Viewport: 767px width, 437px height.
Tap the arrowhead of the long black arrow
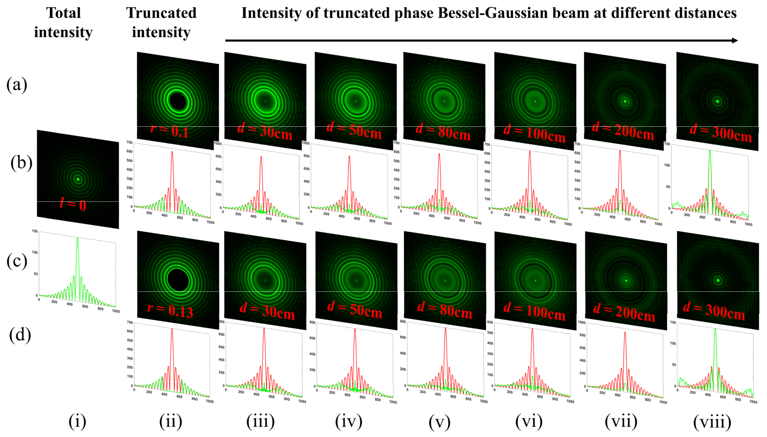click(735, 41)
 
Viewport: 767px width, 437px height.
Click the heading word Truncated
click(161, 13)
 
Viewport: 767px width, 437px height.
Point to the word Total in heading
click(63, 13)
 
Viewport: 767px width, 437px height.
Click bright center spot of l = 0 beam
click(78, 179)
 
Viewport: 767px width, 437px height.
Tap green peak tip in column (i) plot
click(77, 238)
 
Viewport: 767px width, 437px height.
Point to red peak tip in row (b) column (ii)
click(172, 152)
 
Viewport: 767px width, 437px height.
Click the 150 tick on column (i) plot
click(35, 231)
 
